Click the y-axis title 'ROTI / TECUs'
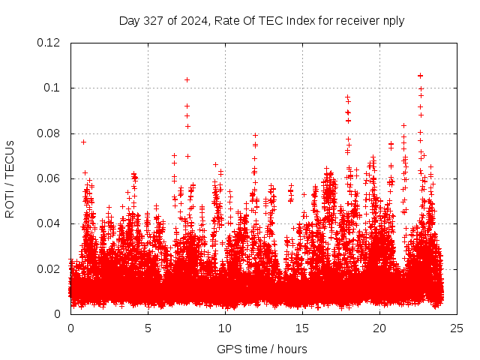coord(10,178)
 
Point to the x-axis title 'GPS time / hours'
coord(262,349)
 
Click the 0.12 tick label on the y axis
coord(49,43)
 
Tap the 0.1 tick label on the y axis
coord(52,88)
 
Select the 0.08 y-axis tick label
coord(49,133)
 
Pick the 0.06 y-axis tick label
coord(49,178)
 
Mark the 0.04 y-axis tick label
coord(49,223)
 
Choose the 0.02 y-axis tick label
coord(49,268)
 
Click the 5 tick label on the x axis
coord(148,328)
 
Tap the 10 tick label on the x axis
coord(225,328)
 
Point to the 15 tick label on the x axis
coord(302,328)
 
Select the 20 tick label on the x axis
coord(379,328)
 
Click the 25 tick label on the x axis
coord(457,328)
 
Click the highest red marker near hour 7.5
coord(187,79)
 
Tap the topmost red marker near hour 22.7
coord(420,75)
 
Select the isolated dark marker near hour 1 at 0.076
coord(83,142)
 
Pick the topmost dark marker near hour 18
coord(347,97)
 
